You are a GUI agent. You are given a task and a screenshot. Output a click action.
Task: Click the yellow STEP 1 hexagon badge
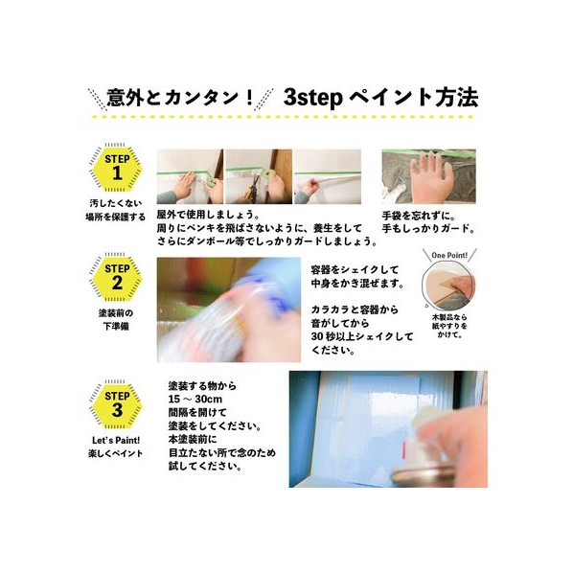(x=117, y=169)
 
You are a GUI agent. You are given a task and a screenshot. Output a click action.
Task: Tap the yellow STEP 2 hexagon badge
(x=117, y=278)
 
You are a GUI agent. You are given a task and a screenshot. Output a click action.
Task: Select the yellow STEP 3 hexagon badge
(x=117, y=405)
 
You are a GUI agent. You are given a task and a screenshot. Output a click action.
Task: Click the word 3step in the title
(x=312, y=99)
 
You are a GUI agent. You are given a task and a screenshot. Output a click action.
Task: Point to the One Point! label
(x=449, y=255)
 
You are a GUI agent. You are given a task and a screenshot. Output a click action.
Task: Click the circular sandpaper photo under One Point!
(x=448, y=287)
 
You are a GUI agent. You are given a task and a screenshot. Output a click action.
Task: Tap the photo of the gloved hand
(x=429, y=176)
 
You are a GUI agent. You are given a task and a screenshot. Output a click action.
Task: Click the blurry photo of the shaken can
(x=229, y=309)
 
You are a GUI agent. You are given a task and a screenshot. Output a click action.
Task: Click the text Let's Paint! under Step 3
(x=116, y=441)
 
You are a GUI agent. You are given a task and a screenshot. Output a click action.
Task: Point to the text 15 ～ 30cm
(x=195, y=399)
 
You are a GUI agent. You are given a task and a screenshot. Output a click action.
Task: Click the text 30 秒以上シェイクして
(x=362, y=336)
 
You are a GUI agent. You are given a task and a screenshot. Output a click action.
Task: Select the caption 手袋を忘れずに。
(x=419, y=216)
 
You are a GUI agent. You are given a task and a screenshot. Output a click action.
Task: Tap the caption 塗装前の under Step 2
(x=116, y=313)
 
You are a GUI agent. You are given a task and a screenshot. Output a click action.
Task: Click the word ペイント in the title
(x=390, y=98)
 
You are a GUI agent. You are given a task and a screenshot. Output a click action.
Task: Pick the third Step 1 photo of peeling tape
(x=328, y=176)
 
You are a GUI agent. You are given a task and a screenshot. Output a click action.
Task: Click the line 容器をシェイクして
(x=355, y=270)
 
